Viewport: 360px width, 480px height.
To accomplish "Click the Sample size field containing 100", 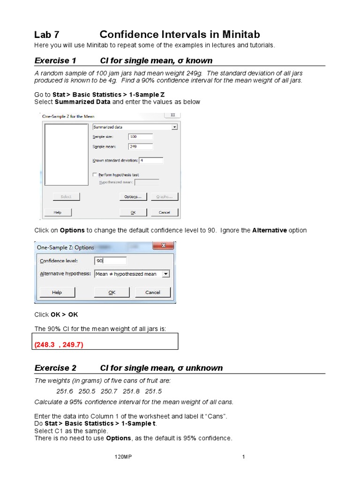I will (140, 136).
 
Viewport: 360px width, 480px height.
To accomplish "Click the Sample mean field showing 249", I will (140, 146).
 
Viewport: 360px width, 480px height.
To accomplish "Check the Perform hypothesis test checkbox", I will (95, 175).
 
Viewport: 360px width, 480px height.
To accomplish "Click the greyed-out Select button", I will (66, 196).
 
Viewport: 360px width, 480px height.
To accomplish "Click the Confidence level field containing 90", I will (110, 261).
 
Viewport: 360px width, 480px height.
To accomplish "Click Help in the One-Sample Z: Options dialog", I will (57, 292).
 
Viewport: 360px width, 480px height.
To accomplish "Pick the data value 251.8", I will (131, 391).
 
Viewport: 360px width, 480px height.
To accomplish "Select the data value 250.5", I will (87, 391).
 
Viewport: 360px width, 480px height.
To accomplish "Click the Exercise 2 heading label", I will (55, 368).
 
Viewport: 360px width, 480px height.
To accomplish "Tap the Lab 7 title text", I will (47, 35).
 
